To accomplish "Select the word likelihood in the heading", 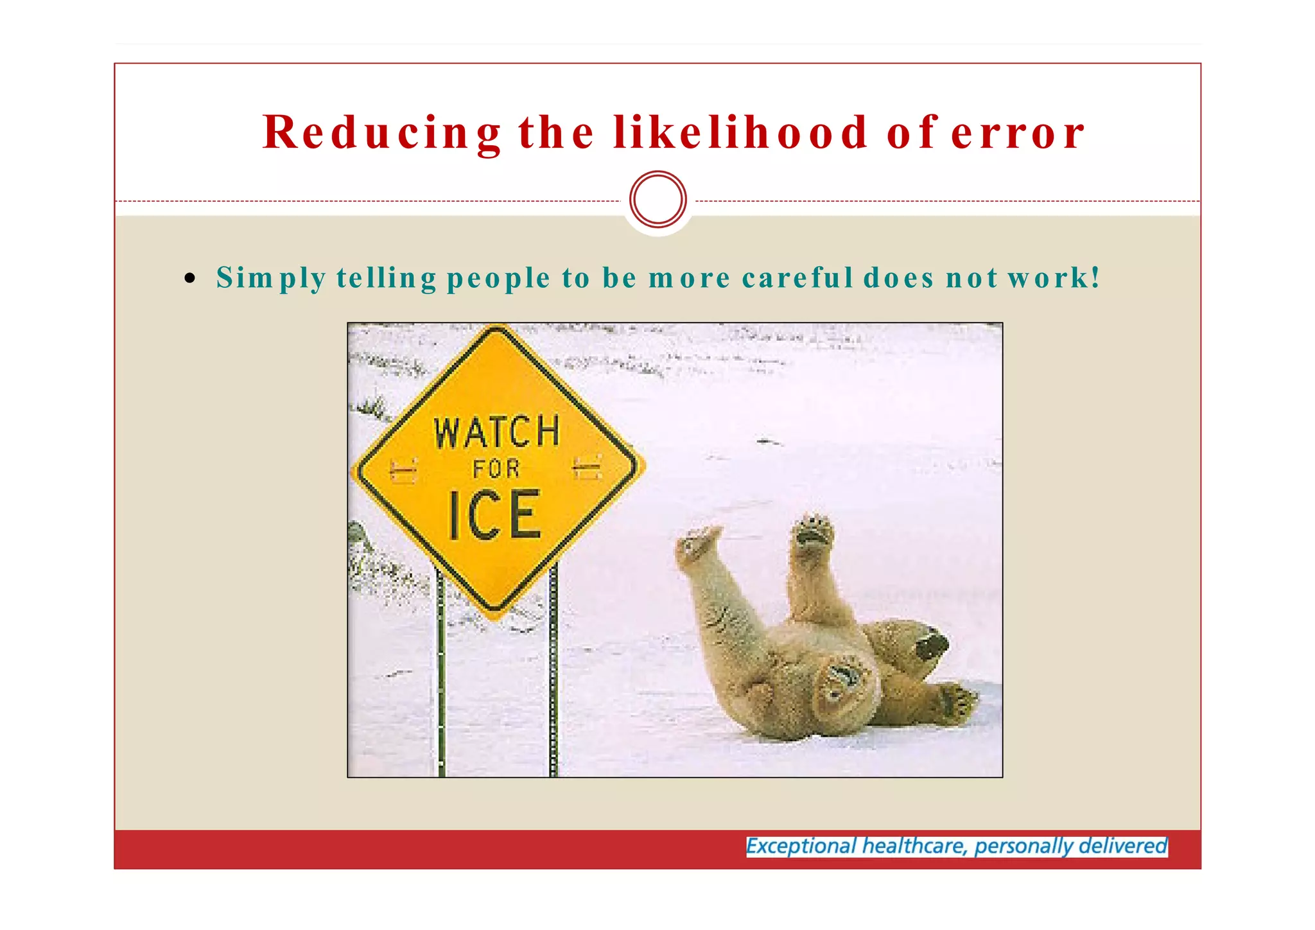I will click(x=740, y=133).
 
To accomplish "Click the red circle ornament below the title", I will click(x=658, y=199).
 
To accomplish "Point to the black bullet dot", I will click(x=189, y=278).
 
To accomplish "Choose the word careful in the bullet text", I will click(x=797, y=278).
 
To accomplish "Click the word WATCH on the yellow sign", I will click(x=497, y=432).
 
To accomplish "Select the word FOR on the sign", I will click(x=496, y=469).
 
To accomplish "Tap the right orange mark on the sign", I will click(x=587, y=468).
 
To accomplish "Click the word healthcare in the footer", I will click(x=914, y=846).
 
